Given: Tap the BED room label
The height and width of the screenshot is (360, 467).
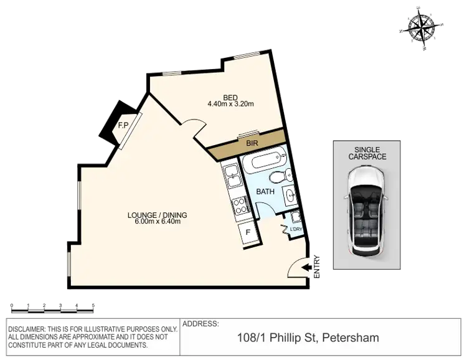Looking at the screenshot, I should [x=230, y=97].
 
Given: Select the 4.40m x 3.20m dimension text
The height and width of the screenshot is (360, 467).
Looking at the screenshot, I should [x=230, y=104].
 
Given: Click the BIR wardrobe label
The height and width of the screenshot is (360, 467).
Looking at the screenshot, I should [x=252, y=144].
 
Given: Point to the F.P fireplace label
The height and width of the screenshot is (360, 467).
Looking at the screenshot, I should [x=123, y=125].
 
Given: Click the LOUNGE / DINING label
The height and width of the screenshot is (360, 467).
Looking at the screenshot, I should [x=157, y=216].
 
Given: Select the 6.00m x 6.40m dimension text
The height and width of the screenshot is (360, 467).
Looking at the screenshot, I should [x=157, y=222].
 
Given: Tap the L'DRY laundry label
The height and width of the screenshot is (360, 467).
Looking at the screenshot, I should [x=296, y=230].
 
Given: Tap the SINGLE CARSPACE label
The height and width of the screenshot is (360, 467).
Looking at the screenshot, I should [x=370, y=153].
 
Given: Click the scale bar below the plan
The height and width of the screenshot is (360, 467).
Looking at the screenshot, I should [x=53, y=306].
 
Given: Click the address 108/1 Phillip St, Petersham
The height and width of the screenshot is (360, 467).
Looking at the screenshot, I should [x=308, y=338].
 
